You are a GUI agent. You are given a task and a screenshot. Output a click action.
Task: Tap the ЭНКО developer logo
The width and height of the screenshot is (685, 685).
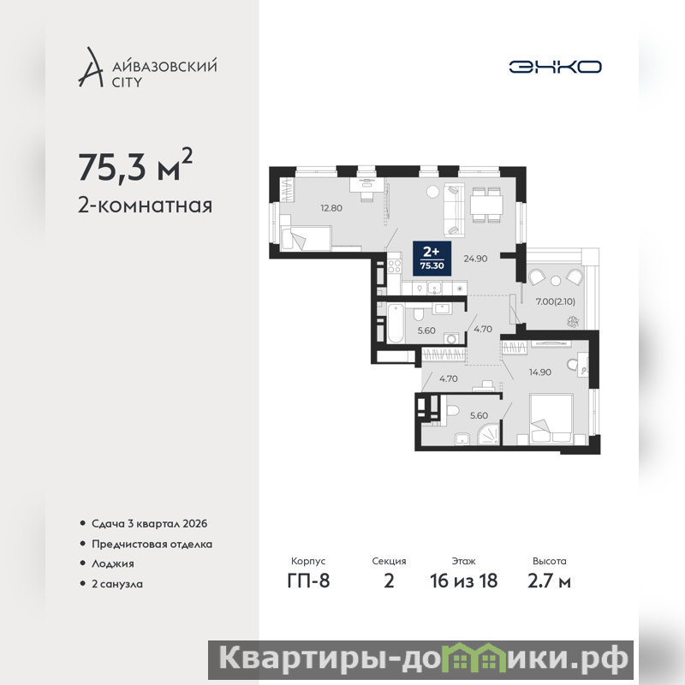point(555,67)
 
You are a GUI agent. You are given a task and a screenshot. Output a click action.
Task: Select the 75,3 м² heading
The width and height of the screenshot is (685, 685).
point(135,165)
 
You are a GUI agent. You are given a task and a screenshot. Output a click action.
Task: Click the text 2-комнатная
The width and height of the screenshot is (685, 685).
point(145,205)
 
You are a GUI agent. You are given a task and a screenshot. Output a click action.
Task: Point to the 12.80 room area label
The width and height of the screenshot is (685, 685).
point(331,208)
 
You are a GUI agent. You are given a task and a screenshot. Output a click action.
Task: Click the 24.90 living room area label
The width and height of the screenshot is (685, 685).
point(475,259)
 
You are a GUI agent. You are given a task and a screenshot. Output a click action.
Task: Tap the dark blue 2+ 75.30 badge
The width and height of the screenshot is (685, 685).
point(432,259)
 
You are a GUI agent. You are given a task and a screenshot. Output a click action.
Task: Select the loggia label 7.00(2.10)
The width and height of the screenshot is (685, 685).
point(555,301)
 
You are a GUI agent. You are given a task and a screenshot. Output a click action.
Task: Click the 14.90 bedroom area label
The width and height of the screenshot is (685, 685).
point(540,372)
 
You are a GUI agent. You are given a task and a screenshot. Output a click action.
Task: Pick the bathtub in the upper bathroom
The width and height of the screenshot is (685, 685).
point(396,324)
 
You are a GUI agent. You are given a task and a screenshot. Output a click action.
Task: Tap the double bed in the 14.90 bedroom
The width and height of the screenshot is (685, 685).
point(551,419)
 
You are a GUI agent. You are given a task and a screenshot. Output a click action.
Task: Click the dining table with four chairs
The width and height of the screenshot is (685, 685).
point(485,205)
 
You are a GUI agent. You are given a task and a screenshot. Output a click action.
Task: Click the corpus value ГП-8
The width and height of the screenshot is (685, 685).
point(308,581)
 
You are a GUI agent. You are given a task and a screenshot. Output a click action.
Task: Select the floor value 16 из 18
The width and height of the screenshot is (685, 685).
point(463,581)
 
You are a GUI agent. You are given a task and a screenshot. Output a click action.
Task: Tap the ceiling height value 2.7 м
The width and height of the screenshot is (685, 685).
point(549,581)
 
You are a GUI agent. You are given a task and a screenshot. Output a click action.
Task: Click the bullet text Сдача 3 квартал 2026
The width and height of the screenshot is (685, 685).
point(149,523)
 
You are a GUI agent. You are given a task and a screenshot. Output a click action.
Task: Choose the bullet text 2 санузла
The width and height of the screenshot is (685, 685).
point(117,584)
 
